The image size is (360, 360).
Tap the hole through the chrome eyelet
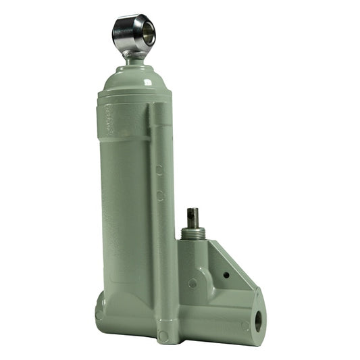tap(143, 31)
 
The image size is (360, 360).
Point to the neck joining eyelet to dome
tap(133, 59)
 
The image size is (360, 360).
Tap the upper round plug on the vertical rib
tap(159, 170)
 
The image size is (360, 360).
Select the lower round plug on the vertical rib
tap(160, 195)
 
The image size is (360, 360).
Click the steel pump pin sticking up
tap(192, 217)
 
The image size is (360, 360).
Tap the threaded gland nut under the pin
tap(193, 234)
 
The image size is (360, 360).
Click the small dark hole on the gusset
tap(226, 274)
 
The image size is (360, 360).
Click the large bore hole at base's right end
tap(257, 319)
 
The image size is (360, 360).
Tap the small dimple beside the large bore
tap(245, 326)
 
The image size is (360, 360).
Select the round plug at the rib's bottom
tap(163, 336)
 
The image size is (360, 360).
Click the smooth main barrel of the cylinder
tap(125, 203)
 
